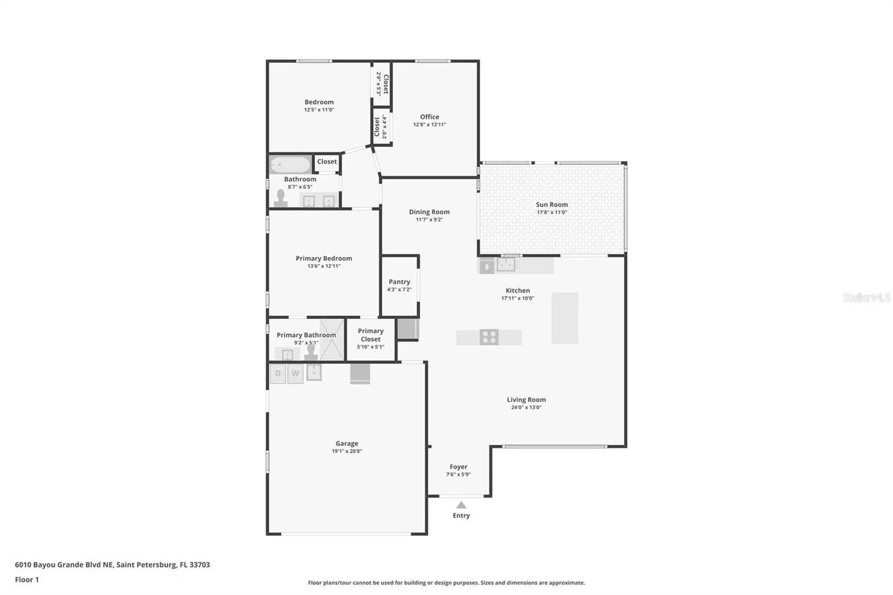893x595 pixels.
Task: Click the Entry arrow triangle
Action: point(461,505)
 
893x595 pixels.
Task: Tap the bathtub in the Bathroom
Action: point(290,165)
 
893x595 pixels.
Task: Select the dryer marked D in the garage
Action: point(278,373)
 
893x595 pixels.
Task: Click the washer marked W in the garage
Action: point(295,373)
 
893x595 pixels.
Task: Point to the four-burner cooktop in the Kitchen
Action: point(489,337)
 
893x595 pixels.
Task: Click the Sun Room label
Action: point(552,204)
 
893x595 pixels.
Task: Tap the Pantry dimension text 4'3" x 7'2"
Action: point(399,289)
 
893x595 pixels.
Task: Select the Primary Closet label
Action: point(371,335)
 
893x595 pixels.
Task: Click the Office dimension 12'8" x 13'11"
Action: point(429,124)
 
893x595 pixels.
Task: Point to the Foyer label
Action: point(458,467)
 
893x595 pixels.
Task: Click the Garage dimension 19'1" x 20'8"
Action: point(347,451)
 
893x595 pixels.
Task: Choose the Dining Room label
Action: point(429,212)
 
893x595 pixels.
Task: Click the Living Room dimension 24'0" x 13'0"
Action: point(526,407)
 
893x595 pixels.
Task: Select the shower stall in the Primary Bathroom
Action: point(332,340)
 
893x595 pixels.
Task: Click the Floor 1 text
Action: point(27,579)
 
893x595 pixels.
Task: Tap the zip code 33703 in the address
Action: point(200,564)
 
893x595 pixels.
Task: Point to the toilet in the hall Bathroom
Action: point(280,198)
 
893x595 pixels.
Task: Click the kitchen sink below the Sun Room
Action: point(506,264)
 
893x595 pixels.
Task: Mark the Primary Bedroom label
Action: point(324,258)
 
